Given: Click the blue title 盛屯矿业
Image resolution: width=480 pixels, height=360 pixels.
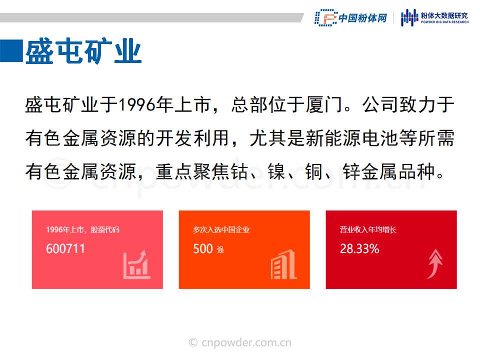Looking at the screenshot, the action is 83,51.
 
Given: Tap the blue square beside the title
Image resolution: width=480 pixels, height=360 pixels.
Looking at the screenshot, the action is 11,51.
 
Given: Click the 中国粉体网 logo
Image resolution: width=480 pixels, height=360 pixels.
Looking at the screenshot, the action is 351,18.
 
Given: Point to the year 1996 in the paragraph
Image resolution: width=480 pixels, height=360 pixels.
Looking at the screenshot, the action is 137,104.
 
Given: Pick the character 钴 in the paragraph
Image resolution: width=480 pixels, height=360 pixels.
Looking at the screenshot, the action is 239,171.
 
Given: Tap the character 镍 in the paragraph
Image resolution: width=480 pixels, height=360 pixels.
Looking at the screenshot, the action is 276,171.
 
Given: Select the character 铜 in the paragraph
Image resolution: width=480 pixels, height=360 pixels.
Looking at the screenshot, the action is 314,171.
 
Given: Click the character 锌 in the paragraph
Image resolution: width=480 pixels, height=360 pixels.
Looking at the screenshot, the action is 351,171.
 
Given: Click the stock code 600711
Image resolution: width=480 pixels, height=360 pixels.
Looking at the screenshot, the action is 65,248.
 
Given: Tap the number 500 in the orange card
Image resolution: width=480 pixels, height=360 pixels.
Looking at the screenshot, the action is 202,248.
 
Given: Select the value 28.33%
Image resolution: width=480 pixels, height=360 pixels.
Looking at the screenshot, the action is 359,248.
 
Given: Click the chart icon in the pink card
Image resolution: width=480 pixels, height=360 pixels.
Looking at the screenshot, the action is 136,264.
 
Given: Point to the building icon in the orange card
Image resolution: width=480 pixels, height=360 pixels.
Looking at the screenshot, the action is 283,264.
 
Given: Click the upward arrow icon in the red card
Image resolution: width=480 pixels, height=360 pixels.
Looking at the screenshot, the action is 435,264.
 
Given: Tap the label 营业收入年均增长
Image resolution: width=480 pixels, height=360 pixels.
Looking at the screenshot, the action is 368,229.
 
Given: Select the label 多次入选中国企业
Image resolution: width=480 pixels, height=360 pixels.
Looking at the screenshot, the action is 221,229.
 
